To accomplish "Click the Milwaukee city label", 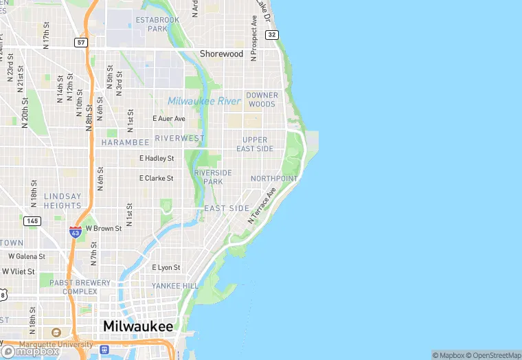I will point(138,326).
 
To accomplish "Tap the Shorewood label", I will point(221,54).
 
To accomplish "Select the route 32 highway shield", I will point(273,34).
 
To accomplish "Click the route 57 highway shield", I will point(81,43).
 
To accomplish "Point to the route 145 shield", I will point(32,221).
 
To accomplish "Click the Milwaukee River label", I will point(204,101).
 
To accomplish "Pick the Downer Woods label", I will point(262,100).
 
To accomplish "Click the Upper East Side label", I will point(255,144).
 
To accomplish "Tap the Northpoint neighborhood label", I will point(274,179).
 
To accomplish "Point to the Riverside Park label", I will point(213,177).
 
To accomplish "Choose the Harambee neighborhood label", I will point(125,142).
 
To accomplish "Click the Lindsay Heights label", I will point(63,201).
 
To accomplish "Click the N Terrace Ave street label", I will point(262,205).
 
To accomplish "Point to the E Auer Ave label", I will point(169,119).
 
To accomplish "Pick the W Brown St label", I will point(104,228).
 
